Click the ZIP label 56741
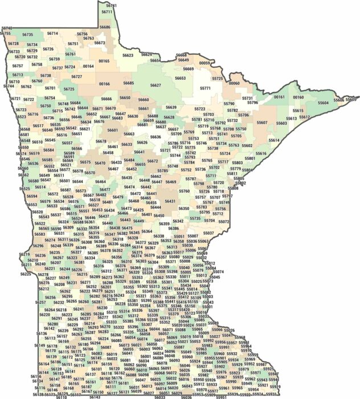click(112, 5)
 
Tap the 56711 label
click(107, 11)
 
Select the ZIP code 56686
click(105, 27)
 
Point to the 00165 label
click(104, 61)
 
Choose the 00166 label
click(104, 84)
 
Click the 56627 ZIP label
click(155, 85)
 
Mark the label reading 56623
click(128, 55)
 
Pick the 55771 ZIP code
click(205, 88)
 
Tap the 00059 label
click(204, 63)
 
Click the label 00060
click(234, 83)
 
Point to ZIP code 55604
click(323, 103)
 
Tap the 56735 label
click(28, 35)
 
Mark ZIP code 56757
click(18, 66)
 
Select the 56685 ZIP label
click(129, 83)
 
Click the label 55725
click(218, 79)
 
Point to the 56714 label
click(52, 34)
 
